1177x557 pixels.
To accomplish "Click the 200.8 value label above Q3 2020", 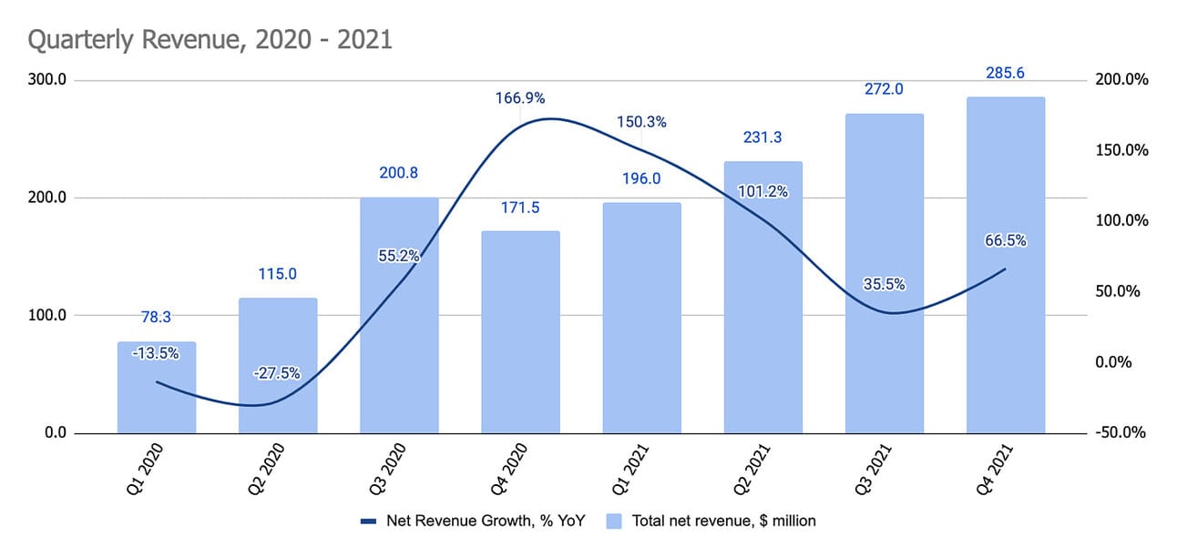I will coord(399,173).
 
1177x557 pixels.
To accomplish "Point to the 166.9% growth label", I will coord(520,98).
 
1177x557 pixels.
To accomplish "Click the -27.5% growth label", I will coord(277,373).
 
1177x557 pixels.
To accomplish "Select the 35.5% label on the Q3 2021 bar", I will coord(883,284).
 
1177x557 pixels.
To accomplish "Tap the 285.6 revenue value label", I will coord(1006,73).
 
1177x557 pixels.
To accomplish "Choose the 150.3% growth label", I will coord(640,122).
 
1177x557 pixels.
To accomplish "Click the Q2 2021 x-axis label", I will coord(752,471).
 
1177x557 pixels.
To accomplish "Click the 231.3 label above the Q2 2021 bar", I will coord(762,137).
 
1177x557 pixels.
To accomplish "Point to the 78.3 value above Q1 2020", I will coord(157,317).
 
